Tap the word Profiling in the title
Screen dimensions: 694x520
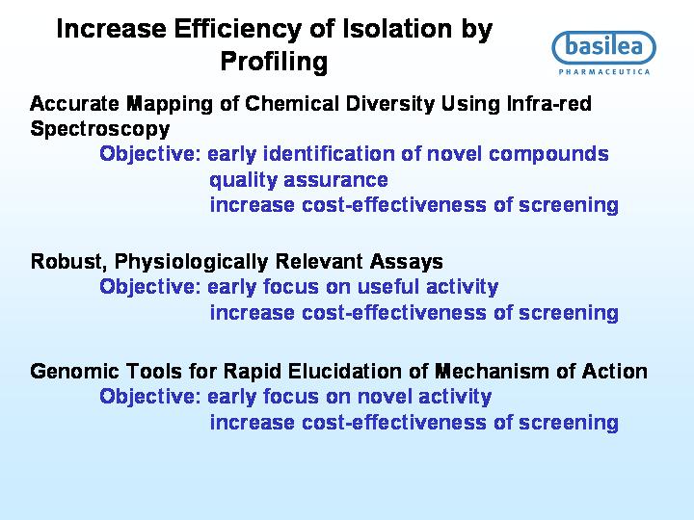click(274, 62)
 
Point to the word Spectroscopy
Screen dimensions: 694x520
click(100, 129)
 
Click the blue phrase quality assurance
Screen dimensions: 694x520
click(299, 180)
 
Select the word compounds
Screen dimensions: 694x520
click(548, 154)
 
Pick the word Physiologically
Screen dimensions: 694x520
click(191, 262)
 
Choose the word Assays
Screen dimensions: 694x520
click(407, 262)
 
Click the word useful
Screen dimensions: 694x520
click(387, 287)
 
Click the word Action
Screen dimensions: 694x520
click(614, 372)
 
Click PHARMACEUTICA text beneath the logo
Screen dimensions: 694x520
click(604, 71)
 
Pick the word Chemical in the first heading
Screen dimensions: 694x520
click(292, 103)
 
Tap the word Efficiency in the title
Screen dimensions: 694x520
click(238, 30)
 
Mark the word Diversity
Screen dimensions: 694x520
click(390, 104)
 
